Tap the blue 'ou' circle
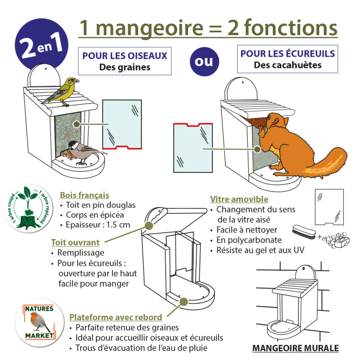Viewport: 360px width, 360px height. tap(203, 61)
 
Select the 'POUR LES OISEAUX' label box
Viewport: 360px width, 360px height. tap(125, 62)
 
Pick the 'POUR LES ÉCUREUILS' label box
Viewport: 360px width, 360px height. tap(288, 59)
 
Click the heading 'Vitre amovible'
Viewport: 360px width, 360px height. tap(239, 199)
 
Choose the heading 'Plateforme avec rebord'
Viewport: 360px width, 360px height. tap(116, 317)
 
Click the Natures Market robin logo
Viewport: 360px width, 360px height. tap(38, 322)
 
